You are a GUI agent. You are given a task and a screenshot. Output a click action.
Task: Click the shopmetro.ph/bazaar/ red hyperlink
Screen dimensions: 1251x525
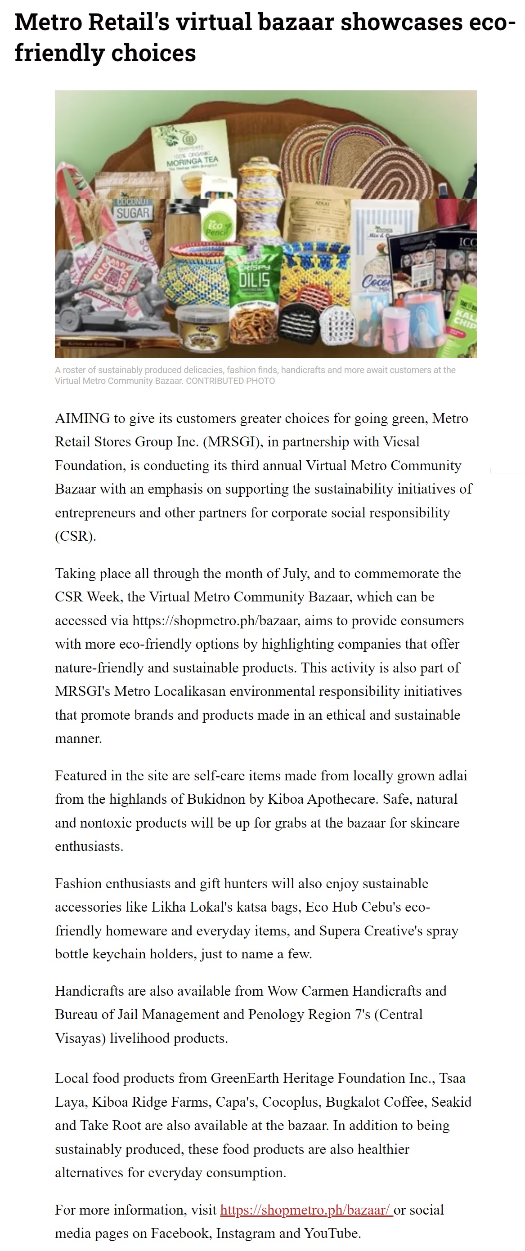tap(306, 1210)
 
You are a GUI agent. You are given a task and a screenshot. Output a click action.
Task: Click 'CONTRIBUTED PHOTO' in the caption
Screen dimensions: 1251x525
tap(230, 381)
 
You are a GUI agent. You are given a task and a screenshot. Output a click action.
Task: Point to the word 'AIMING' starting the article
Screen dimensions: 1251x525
tap(83, 418)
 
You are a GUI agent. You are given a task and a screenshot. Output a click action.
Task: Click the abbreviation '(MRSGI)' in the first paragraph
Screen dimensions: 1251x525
tap(233, 441)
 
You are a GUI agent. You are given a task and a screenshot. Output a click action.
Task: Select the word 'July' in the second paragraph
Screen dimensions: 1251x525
tap(295, 573)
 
